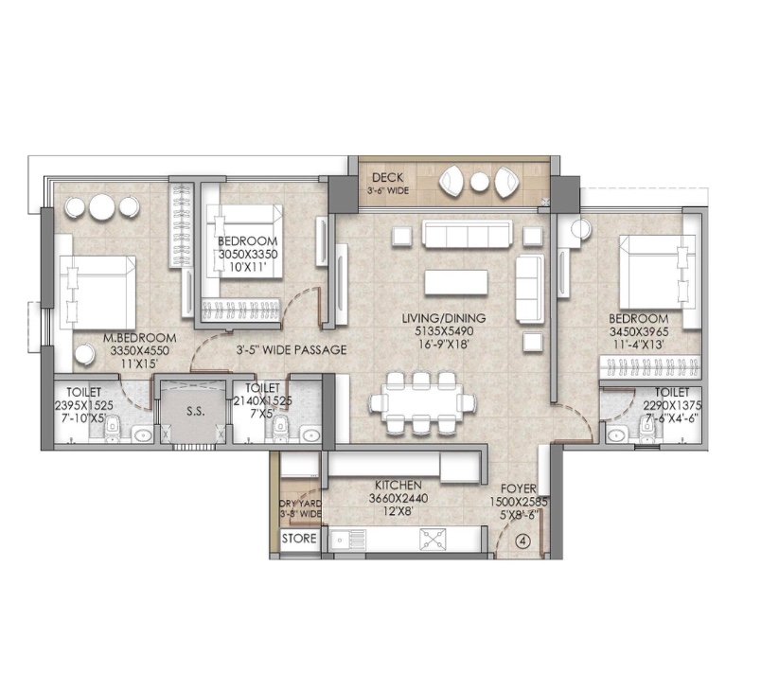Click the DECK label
(x=387, y=178)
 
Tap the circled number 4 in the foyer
(x=522, y=541)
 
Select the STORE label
(x=299, y=538)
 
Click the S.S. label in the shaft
(x=196, y=412)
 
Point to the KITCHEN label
(x=398, y=485)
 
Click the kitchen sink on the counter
(x=347, y=539)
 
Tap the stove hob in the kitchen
(x=434, y=539)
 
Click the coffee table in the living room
(x=456, y=282)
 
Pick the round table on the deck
(x=480, y=182)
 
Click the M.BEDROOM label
(x=140, y=338)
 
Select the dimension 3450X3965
(x=639, y=332)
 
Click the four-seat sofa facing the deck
(x=467, y=234)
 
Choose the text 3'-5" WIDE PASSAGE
(x=292, y=350)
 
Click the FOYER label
(x=519, y=488)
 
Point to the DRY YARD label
(x=300, y=504)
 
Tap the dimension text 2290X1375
(x=672, y=405)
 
